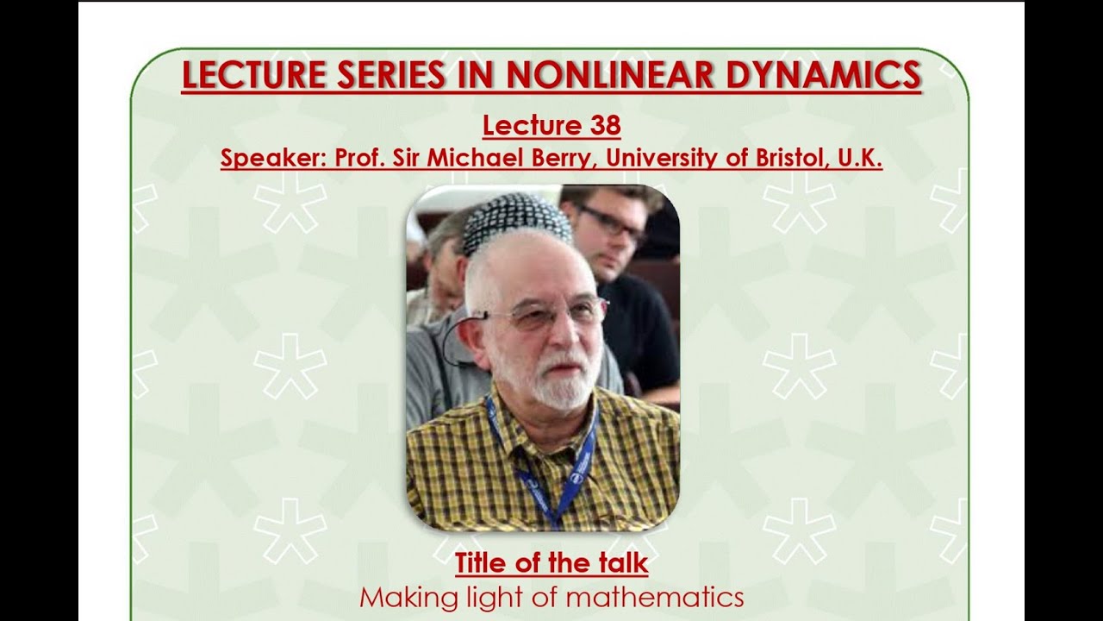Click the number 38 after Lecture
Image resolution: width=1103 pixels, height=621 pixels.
pos(606,126)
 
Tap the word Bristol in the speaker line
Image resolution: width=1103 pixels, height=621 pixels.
pos(786,159)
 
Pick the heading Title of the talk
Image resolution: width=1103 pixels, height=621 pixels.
pos(551,564)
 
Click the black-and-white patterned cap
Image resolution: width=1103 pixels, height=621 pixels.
pos(517,220)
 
